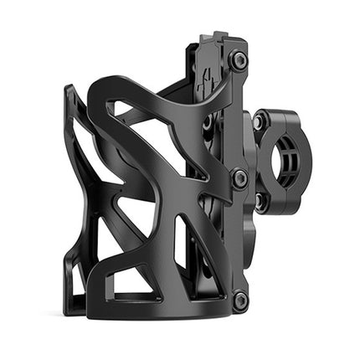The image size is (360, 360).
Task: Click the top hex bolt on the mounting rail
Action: [239, 60]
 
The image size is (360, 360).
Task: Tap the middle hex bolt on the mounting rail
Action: [239, 178]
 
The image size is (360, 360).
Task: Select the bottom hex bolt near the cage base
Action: [240, 299]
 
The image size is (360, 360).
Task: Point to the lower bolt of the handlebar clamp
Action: [260, 200]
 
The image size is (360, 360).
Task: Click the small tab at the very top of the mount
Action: [220, 37]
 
